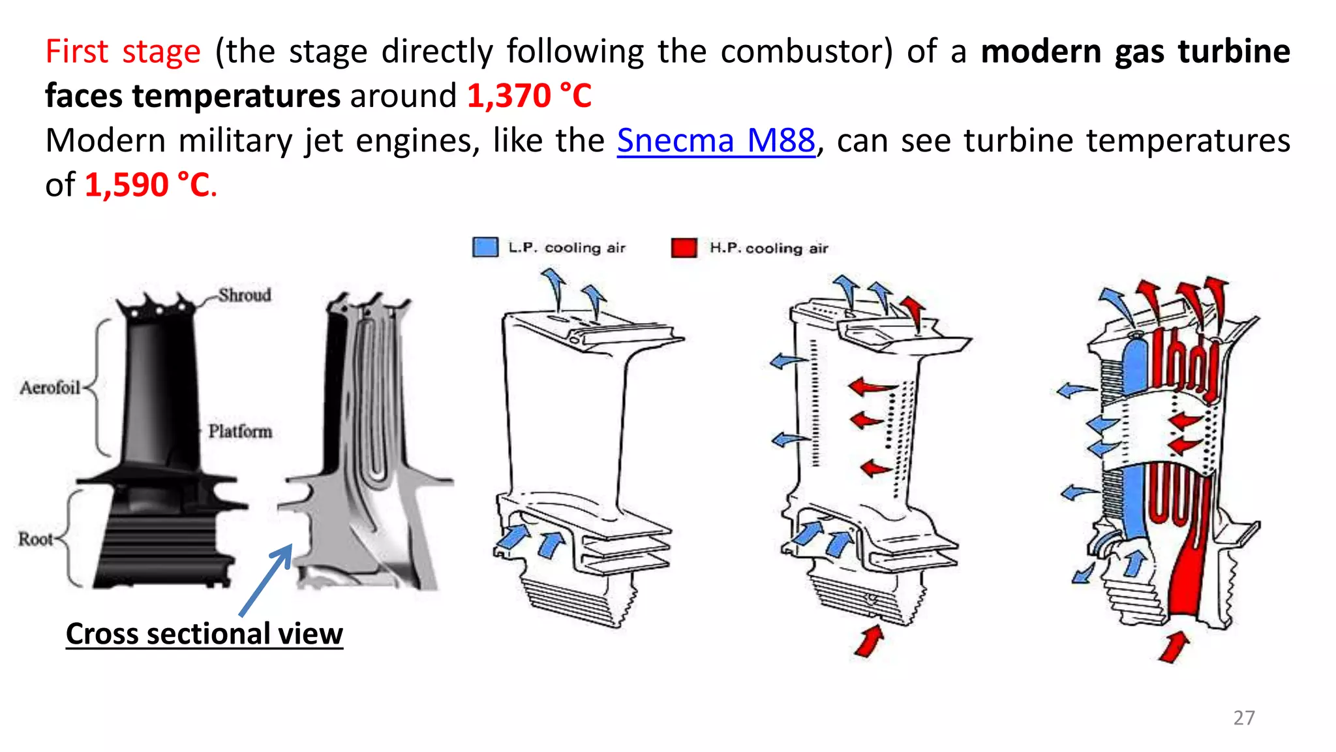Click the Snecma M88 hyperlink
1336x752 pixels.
[x=716, y=141]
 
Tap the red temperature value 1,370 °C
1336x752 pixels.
[x=529, y=96]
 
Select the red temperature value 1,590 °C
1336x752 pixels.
[x=148, y=185]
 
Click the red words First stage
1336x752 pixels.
[x=123, y=52]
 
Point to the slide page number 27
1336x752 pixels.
[x=1243, y=717]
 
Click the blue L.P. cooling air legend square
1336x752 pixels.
[x=485, y=247]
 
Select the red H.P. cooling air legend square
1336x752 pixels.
[x=684, y=248]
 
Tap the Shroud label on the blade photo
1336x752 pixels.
[x=245, y=295]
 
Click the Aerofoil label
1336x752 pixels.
[x=50, y=388]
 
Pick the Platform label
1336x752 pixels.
[x=240, y=431]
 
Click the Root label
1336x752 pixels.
[x=35, y=539]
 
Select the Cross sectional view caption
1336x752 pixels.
[x=204, y=634]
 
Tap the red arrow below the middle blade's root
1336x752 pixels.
[x=870, y=640]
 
